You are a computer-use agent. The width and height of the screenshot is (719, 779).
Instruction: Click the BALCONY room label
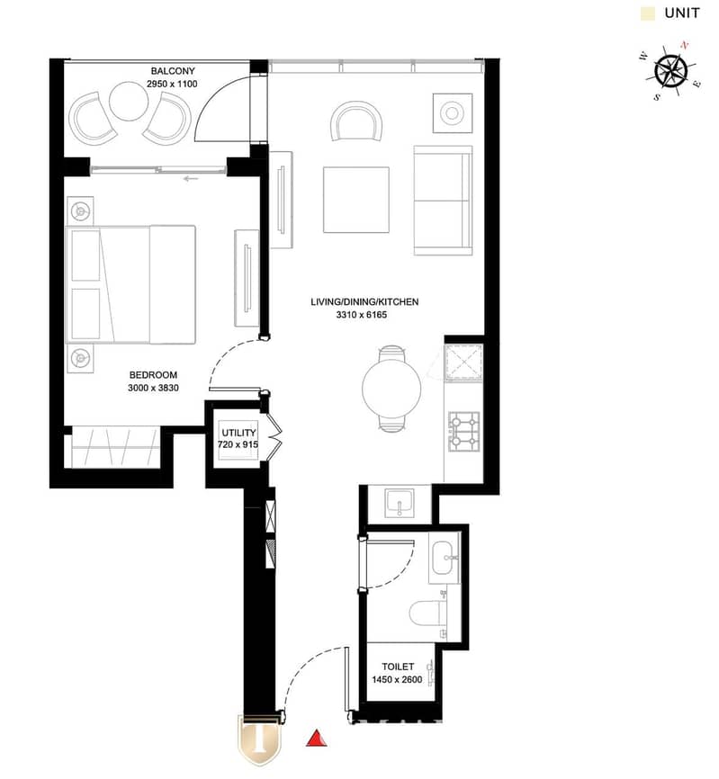tap(173, 71)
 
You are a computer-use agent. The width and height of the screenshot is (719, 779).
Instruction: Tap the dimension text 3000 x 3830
tap(153, 388)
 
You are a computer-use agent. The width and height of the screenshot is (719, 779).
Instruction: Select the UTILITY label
tap(238, 432)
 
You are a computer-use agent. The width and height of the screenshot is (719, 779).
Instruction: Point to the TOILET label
tap(398, 667)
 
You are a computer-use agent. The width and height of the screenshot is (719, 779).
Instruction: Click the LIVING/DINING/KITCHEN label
tap(364, 301)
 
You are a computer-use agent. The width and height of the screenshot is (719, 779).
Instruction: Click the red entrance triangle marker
tap(316, 739)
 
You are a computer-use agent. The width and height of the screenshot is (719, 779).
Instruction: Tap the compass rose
tap(670, 71)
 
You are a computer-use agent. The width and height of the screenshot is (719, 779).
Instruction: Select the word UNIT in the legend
tap(682, 13)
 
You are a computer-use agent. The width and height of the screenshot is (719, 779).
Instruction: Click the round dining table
tap(391, 388)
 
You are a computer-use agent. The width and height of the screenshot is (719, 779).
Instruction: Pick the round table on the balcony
tap(128, 102)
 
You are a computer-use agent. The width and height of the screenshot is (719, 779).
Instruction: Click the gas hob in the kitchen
tap(464, 431)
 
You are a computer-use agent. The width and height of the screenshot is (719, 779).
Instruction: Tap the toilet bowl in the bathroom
tap(428, 613)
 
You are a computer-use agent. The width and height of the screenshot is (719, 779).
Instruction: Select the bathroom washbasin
tap(445, 558)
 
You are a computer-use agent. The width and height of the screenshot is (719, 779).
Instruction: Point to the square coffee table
tap(355, 200)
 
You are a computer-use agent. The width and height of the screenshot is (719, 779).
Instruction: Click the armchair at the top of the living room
tap(356, 121)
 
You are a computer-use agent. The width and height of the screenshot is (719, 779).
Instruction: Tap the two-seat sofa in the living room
tap(443, 201)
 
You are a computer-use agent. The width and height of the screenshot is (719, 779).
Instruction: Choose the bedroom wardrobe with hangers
tap(115, 447)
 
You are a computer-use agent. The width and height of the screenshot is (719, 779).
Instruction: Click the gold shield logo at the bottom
tap(259, 739)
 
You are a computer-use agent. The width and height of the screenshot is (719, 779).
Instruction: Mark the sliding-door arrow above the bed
tap(191, 179)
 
